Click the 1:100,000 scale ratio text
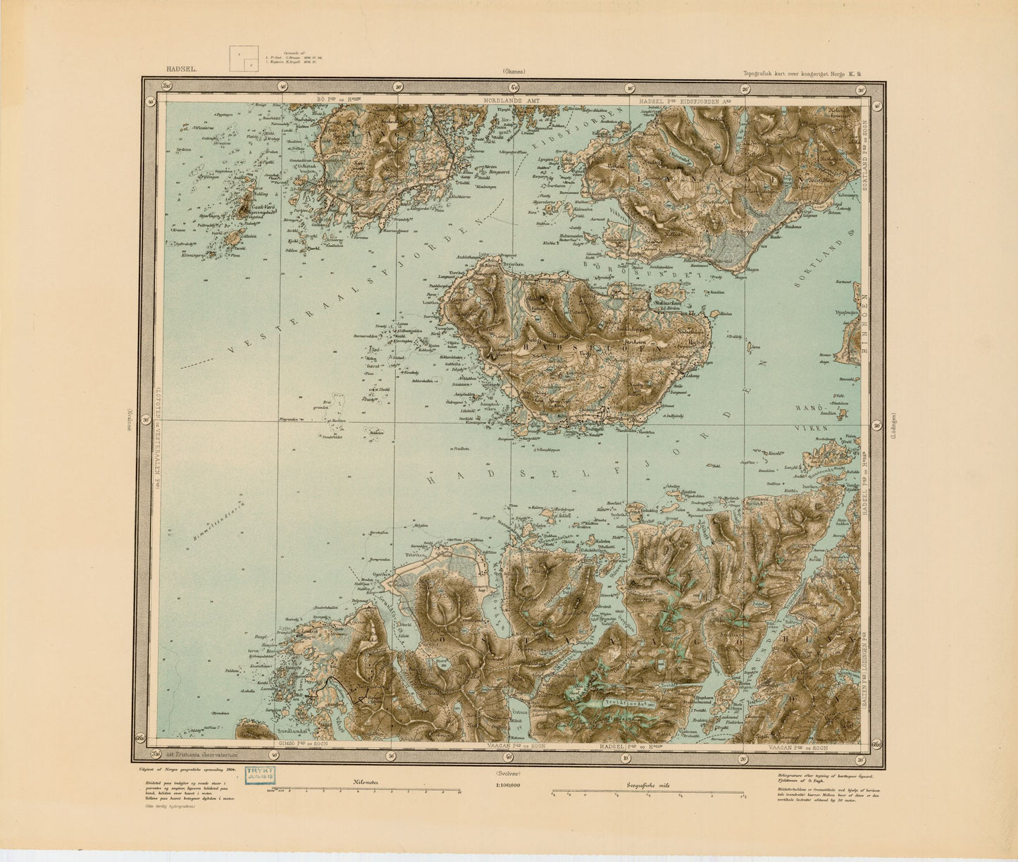508,784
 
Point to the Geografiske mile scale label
647,782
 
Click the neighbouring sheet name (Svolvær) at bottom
508,773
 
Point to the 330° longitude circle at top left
167,87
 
